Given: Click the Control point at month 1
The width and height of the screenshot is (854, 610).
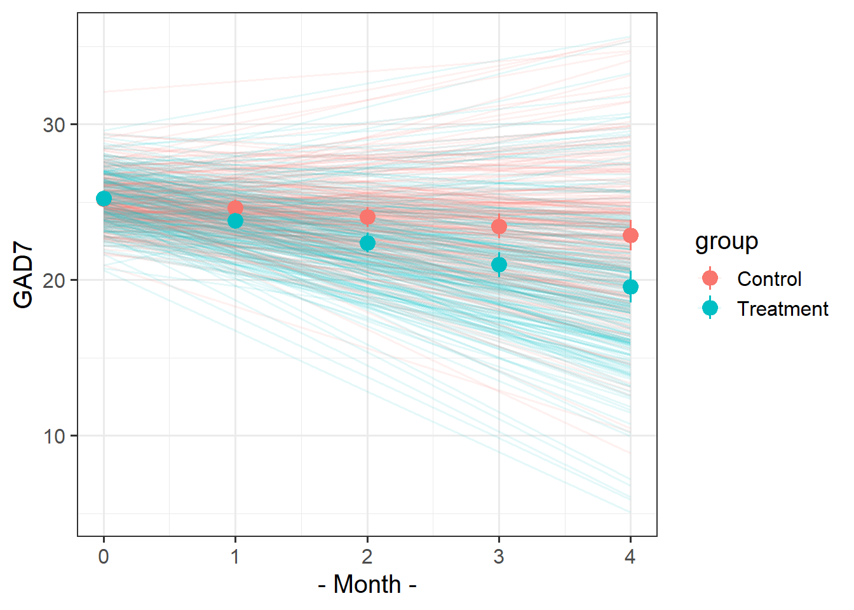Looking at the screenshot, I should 235,208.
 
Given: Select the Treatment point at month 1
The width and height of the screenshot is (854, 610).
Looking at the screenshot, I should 235,220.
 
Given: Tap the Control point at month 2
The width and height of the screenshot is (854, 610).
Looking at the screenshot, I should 367,217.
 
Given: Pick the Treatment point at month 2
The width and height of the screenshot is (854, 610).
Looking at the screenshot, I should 367,243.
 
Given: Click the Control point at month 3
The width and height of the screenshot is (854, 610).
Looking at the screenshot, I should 499,226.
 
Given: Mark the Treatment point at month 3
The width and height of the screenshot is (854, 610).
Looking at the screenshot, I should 499,264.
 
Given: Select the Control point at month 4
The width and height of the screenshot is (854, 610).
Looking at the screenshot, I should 630,235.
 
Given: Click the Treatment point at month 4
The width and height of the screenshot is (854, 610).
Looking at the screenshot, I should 630,287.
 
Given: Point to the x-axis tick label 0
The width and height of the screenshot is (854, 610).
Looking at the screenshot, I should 104,557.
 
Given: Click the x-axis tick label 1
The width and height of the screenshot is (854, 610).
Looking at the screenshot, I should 235,557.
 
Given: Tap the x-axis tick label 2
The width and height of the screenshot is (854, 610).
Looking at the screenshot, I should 367,557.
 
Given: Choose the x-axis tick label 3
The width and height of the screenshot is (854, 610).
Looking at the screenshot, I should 499,557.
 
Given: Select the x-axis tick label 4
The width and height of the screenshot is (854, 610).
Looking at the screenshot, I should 630,557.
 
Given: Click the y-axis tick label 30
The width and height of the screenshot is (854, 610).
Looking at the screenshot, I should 55,125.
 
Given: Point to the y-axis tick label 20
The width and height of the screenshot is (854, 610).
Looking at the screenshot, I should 55,280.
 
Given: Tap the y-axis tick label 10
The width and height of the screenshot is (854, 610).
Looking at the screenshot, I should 55,436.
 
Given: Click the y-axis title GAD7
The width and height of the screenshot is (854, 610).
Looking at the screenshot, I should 24,277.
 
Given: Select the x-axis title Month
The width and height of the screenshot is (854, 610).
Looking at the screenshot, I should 367,585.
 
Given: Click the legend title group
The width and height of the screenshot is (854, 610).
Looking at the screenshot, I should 726,241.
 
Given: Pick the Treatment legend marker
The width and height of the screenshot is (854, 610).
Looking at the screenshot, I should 710,309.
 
